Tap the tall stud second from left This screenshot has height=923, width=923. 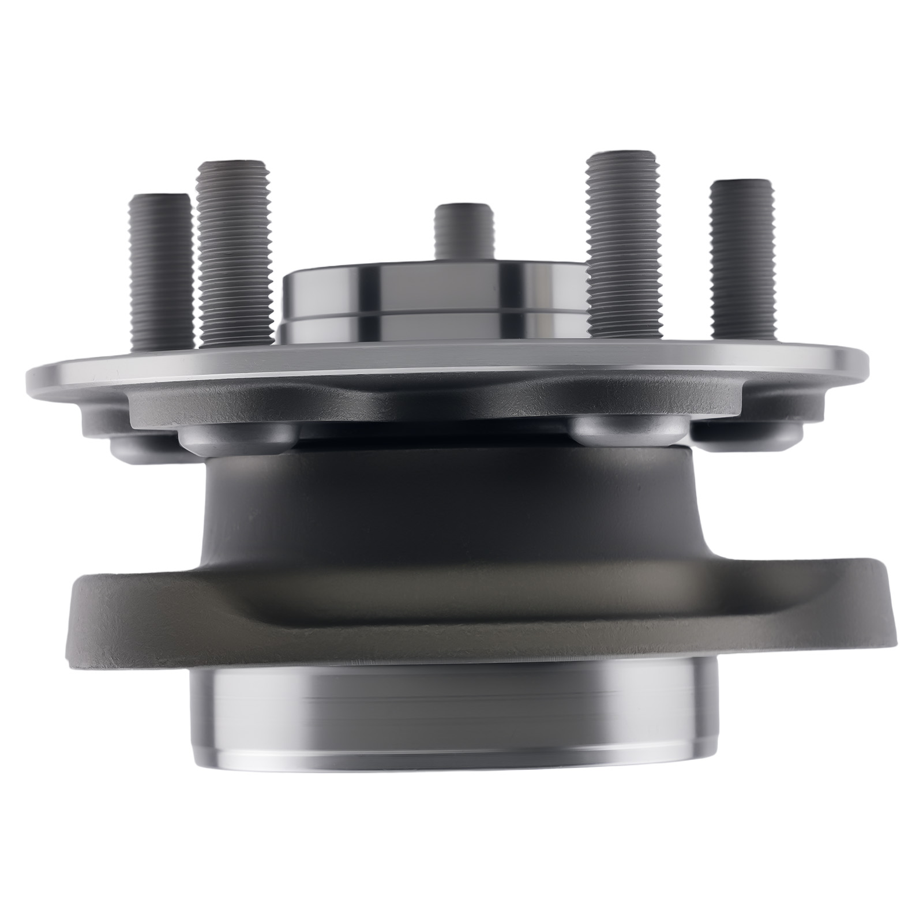coord(234,254)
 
